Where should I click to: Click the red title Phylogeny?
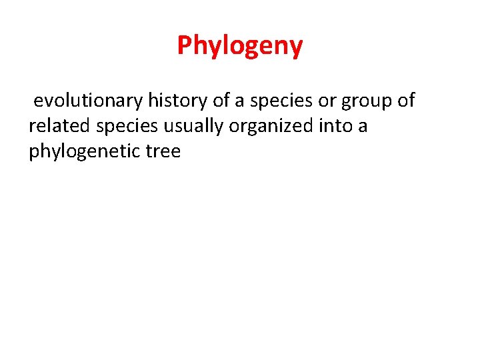click(240, 46)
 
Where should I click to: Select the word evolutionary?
click(88, 101)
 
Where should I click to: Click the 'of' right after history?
click(221, 101)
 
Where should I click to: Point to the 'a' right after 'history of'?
click(240, 101)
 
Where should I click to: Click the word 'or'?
click(326, 101)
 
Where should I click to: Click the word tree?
click(161, 151)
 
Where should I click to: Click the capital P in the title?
click(184, 45)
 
